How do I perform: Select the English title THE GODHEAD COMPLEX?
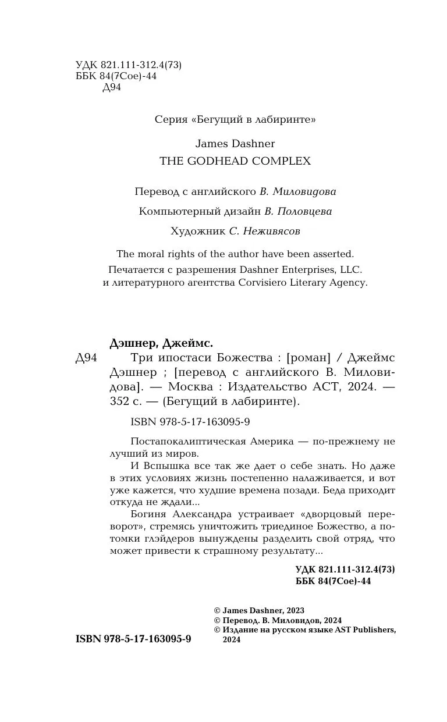(x=235, y=161)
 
